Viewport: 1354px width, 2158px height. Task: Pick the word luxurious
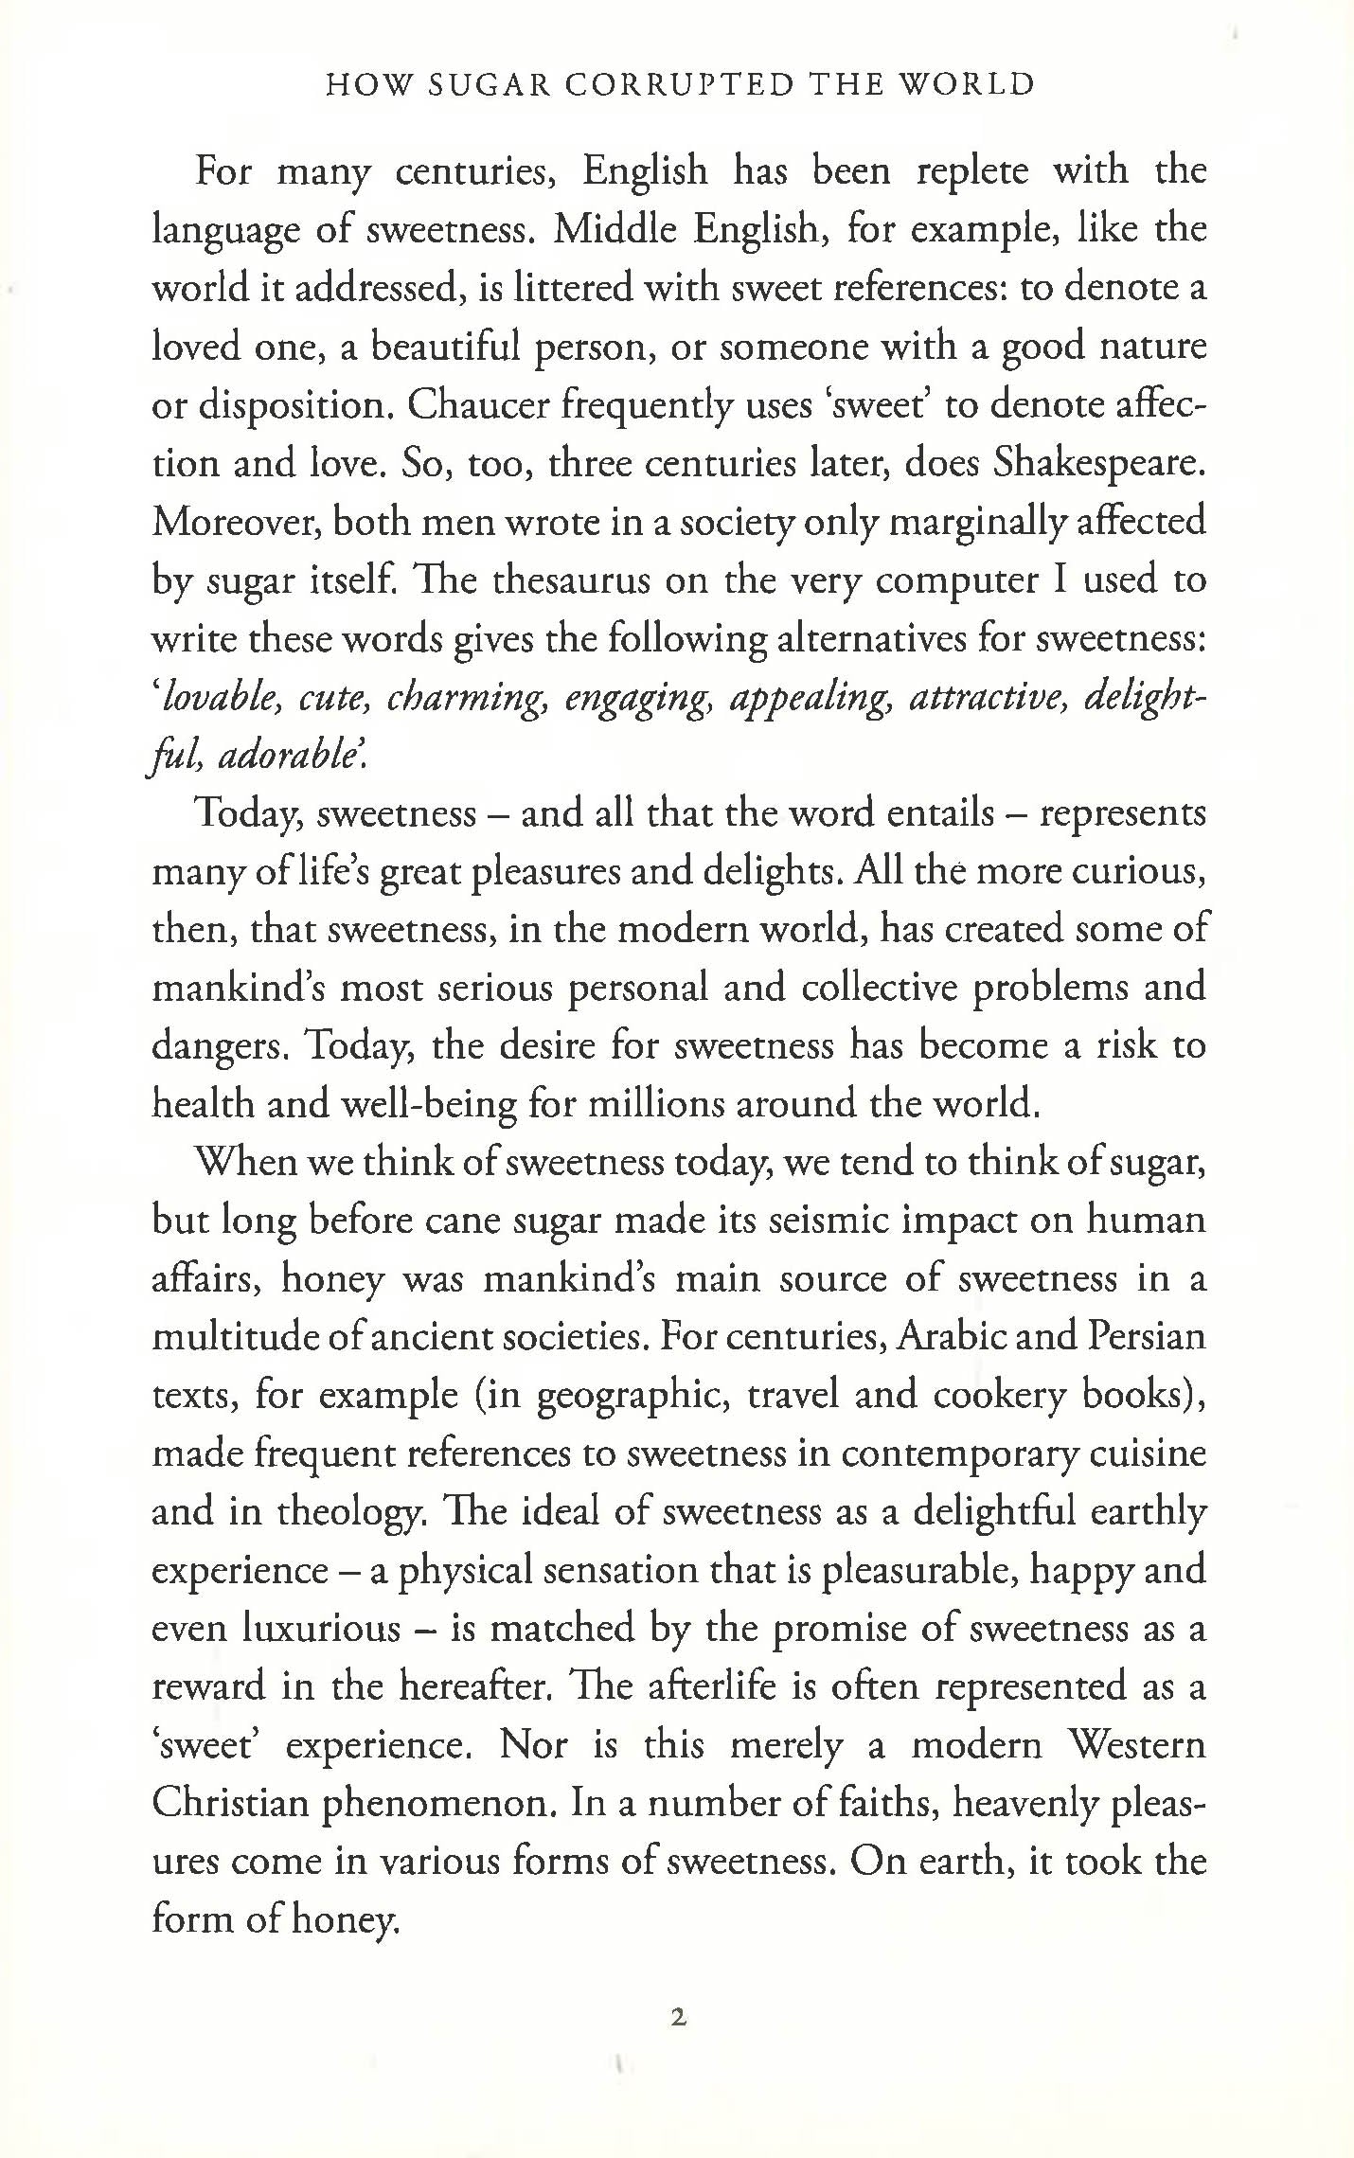click(322, 1629)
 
